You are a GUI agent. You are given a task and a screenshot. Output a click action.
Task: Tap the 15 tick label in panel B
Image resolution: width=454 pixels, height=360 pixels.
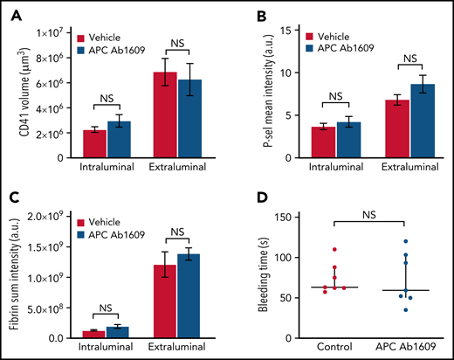click(x=283, y=31)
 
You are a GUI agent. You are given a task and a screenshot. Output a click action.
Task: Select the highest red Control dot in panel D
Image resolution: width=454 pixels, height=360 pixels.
click(x=334, y=250)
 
